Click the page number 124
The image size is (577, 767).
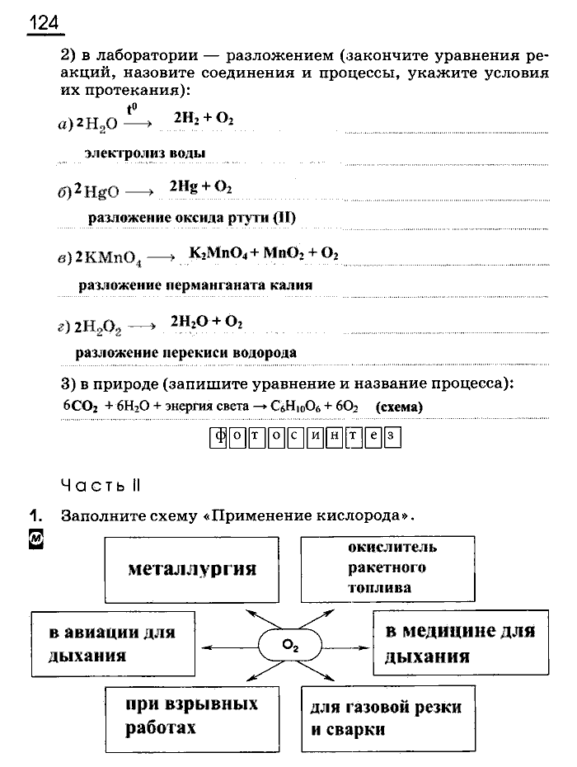(x=45, y=23)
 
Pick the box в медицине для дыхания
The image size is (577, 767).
(x=460, y=644)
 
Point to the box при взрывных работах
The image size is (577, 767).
(x=190, y=716)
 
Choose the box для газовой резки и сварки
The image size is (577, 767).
(x=384, y=718)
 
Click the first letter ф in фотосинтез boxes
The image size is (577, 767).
(x=218, y=436)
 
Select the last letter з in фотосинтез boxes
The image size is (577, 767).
(x=392, y=436)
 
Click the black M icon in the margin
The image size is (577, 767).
(x=35, y=539)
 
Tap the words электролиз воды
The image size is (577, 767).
(x=144, y=153)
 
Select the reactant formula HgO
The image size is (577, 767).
(x=101, y=192)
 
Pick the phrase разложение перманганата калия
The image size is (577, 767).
(x=195, y=285)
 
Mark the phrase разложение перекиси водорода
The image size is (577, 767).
(x=185, y=352)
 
